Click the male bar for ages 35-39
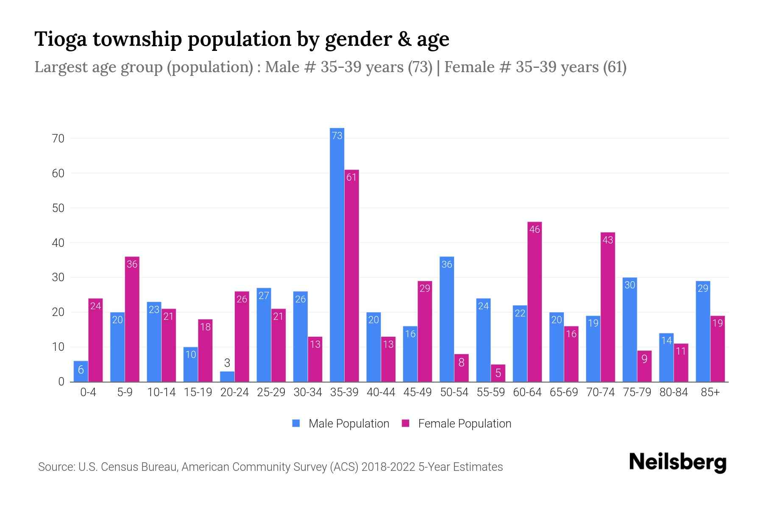pyautogui.click(x=337, y=255)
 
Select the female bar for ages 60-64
pyautogui.click(x=535, y=302)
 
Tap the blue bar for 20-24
pyautogui.click(x=227, y=377)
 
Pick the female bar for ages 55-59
pyautogui.click(x=498, y=373)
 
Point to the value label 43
pyautogui.click(x=607, y=240)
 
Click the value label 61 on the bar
pyautogui.click(x=351, y=177)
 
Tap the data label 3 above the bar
pyautogui.click(x=227, y=363)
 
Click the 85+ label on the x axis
pyautogui.click(x=710, y=392)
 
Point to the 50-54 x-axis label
pyautogui.click(x=454, y=392)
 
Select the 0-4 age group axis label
pyautogui.click(x=88, y=392)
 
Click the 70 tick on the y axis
pyautogui.click(x=58, y=139)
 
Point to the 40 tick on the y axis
pyautogui.click(x=58, y=243)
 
